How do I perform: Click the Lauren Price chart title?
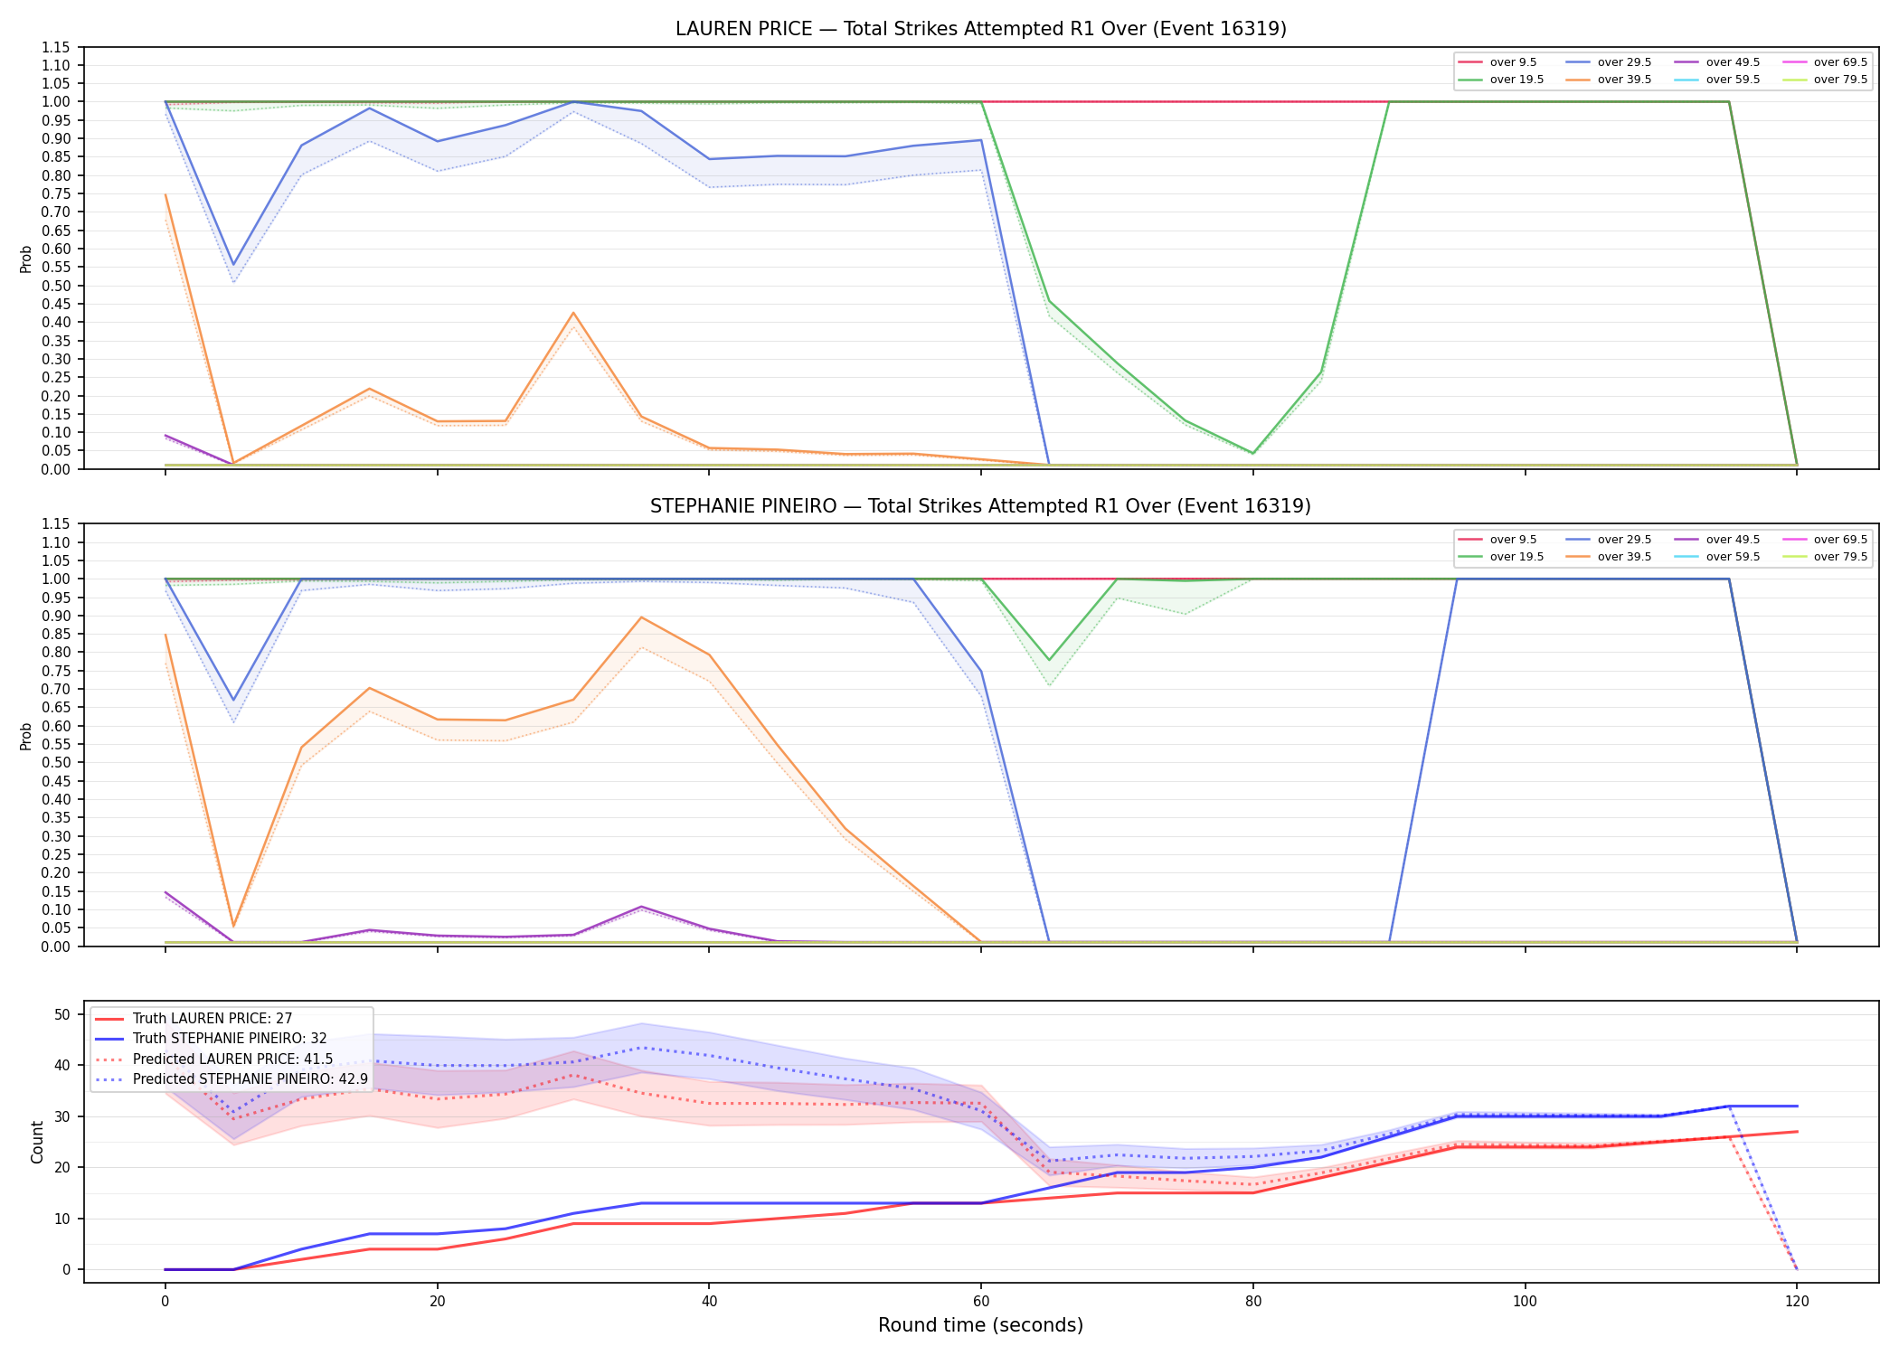click(980, 29)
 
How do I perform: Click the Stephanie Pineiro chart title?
click(980, 506)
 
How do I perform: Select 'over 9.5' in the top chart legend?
click(1513, 62)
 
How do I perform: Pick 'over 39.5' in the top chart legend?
click(1624, 80)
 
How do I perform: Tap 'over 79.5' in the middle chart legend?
click(1840, 557)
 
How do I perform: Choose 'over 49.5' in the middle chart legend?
click(1733, 540)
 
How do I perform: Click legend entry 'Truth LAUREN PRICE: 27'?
click(213, 1019)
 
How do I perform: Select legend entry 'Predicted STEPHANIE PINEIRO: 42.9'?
click(250, 1079)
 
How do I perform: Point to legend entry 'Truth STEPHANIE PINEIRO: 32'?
click(230, 1039)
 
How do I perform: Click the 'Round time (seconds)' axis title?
click(980, 1325)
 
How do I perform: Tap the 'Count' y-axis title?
click(37, 1142)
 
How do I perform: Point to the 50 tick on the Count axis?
click(62, 1014)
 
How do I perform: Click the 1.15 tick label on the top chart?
click(56, 47)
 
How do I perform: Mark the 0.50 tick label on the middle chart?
click(56, 763)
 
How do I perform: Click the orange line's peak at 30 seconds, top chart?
click(573, 313)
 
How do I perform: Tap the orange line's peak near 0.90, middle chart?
click(641, 617)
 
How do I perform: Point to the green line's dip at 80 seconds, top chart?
click(1252, 453)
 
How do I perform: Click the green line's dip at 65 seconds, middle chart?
click(1049, 660)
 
